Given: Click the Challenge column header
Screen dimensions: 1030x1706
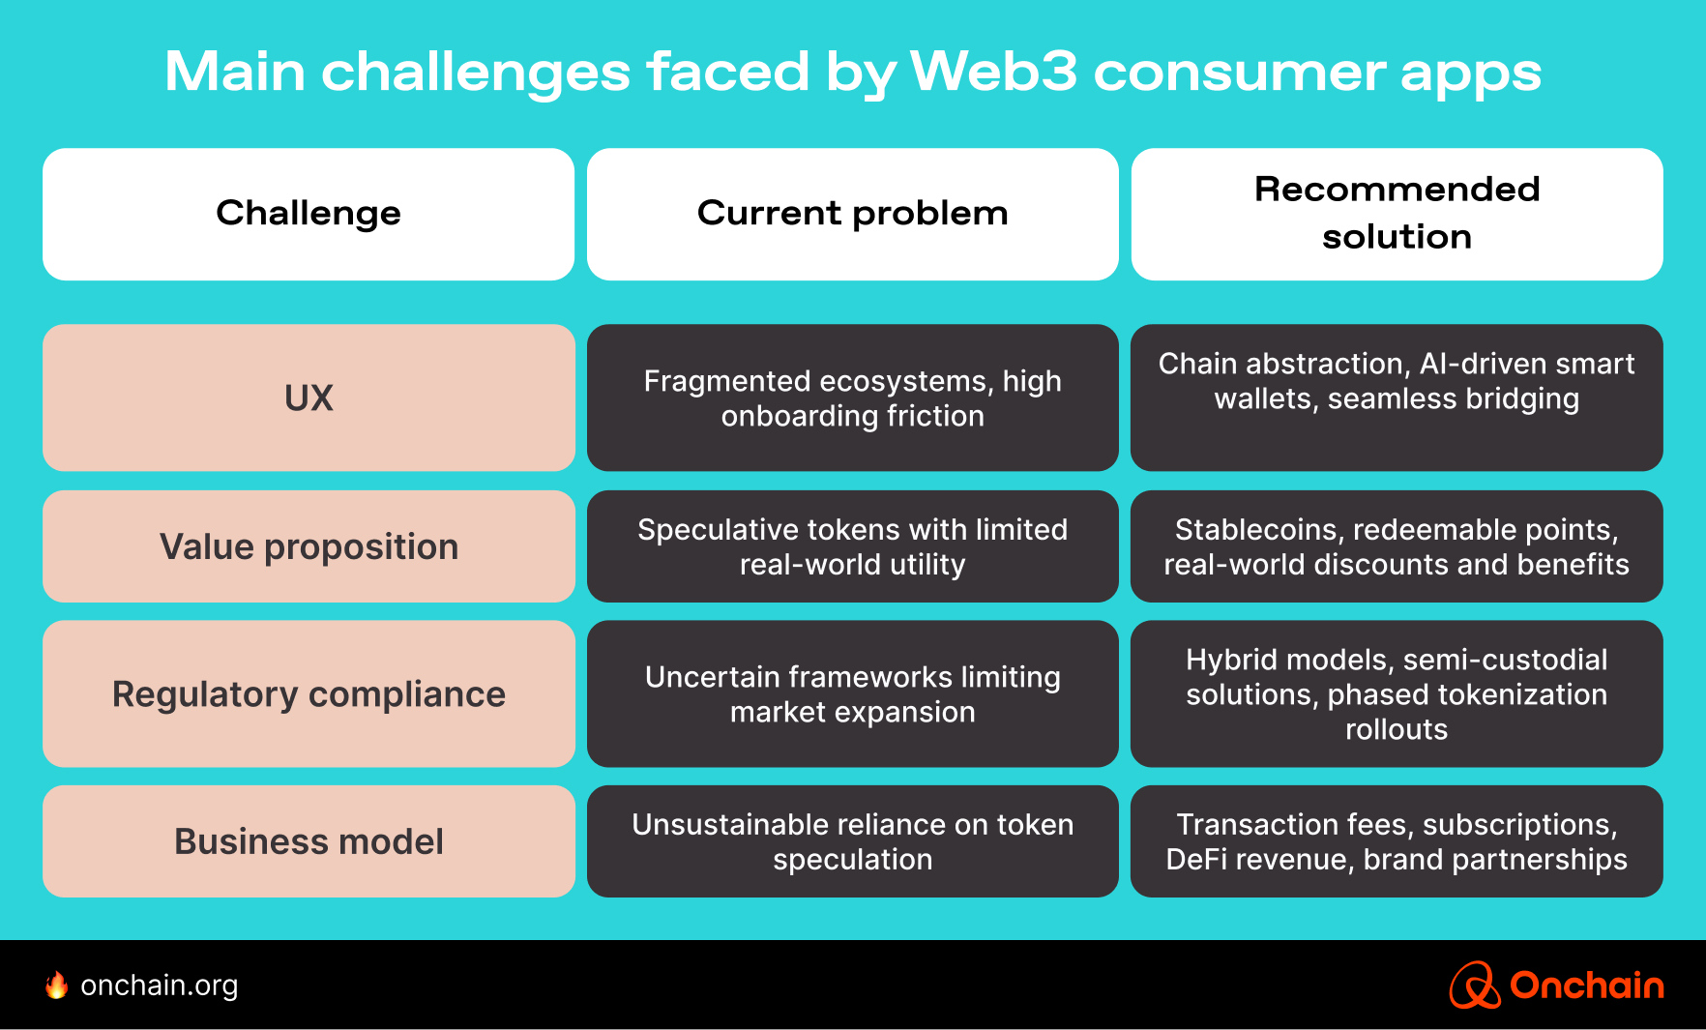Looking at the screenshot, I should pyautogui.click(x=309, y=214).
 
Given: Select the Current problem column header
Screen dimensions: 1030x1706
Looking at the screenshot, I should pyautogui.click(x=852, y=214).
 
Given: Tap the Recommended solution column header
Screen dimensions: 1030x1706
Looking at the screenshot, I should pyautogui.click(x=1397, y=214).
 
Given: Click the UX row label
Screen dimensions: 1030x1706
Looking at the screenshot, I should pyautogui.click(x=309, y=397).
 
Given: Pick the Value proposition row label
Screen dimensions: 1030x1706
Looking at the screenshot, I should pyautogui.click(x=309, y=546).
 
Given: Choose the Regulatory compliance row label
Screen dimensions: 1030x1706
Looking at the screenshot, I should pyautogui.click(x=309, y=693).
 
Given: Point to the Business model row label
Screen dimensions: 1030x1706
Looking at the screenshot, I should pyautogui.click(x=309, y=841).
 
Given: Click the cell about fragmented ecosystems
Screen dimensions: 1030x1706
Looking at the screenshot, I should pyautogui.click(x=852, y=397).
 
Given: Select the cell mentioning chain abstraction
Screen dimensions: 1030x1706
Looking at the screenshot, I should pyautogui.click(x=1397, y=397).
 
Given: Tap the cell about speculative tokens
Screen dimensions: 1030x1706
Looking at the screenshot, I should pyautogui.click(x=852, y=546).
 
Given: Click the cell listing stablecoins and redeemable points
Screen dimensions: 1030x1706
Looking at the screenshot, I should pyautogui.click(x=1397, y=546).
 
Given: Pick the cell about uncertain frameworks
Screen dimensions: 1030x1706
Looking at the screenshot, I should pyautogui.click(x=852, y=693).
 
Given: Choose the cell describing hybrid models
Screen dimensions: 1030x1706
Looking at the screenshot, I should pyautogui.click(x=1397, y=693).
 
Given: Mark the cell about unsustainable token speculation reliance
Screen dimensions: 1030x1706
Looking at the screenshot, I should pyautogui.click(x=852, y=841).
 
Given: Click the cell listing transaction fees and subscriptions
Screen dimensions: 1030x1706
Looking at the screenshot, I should pyautogui.click(x=1397, y=841).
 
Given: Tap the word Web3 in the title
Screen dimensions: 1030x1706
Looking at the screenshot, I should pyautogui.click(x=993, y=72).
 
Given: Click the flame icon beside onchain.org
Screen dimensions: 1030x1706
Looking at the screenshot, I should pyautogui.click(x=57, y=985).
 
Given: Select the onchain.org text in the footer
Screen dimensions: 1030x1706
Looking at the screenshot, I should pyautogui.click(x=160, y=986).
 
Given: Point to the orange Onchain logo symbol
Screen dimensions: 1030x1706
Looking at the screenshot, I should pyautogui.click(x=1474, y=986).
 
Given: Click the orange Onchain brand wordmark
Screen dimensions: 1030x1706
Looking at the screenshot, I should pyautogui.click(x=1586, y=986).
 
